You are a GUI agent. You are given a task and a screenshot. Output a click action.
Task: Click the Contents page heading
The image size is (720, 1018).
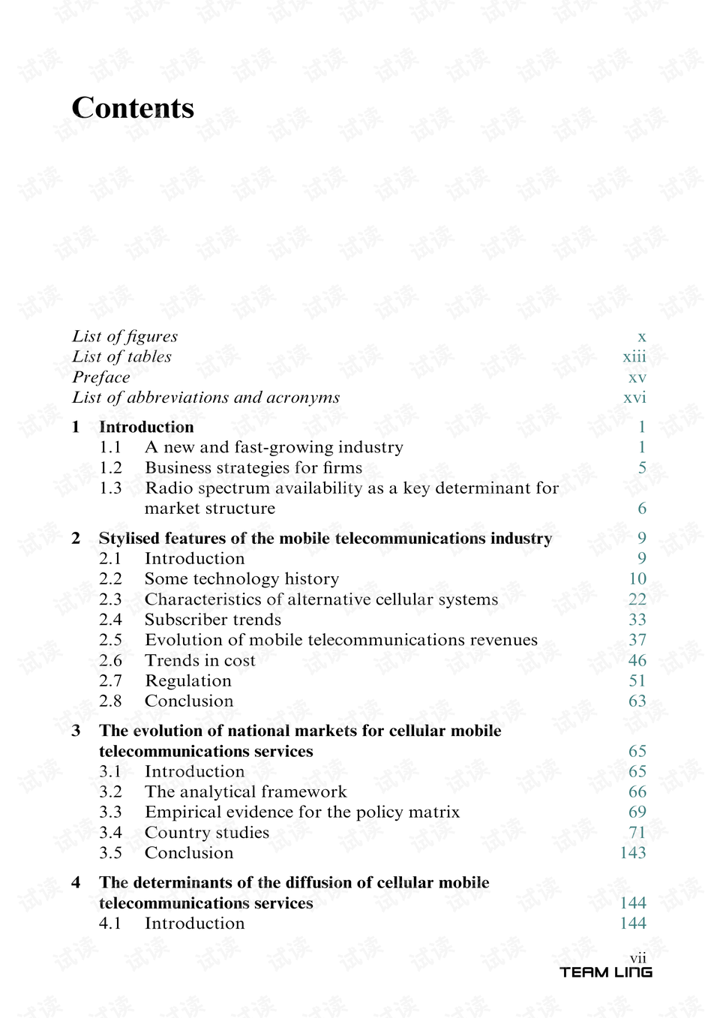coord(133,108)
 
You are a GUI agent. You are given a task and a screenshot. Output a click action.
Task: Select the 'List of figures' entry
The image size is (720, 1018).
coord(124,336)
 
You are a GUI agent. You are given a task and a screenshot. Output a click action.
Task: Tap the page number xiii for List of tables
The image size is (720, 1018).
coord(634,357)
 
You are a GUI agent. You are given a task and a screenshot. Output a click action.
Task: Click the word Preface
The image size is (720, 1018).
coord(101,377)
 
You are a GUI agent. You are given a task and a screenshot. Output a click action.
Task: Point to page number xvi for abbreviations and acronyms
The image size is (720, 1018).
coord(634,398)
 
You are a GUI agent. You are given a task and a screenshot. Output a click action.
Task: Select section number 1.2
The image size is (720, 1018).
coord(110,468)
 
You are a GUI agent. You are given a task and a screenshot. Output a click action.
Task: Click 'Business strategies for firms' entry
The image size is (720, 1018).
coord(253,468)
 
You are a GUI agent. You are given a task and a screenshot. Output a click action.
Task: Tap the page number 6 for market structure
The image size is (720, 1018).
coord(642,509)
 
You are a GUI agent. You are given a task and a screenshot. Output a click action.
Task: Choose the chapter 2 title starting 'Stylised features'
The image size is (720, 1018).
coord(325,538)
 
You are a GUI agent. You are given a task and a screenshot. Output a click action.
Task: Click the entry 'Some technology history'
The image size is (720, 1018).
coord(241,579)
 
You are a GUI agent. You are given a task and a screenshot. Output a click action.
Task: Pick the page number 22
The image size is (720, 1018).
coord(637,599)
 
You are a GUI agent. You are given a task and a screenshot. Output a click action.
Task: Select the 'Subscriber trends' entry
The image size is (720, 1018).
coord(213,620)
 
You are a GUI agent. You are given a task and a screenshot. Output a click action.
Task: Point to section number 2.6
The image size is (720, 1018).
coord(110,660)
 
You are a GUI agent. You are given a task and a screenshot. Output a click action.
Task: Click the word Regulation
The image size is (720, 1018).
coord(188,680)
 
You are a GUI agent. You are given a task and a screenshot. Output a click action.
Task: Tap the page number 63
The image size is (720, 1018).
coord(637,701)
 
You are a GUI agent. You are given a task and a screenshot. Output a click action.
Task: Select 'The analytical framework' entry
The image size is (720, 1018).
coord(246,791)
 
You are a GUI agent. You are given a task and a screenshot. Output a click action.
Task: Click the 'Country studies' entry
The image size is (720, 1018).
coord(207,833)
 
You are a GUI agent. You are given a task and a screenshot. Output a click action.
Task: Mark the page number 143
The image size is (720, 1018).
coord(633,853)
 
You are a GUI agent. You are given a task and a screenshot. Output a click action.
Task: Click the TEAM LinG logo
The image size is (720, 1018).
coord(606,972)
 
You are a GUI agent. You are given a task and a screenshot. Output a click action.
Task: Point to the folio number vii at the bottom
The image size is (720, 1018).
coord(638,958)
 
